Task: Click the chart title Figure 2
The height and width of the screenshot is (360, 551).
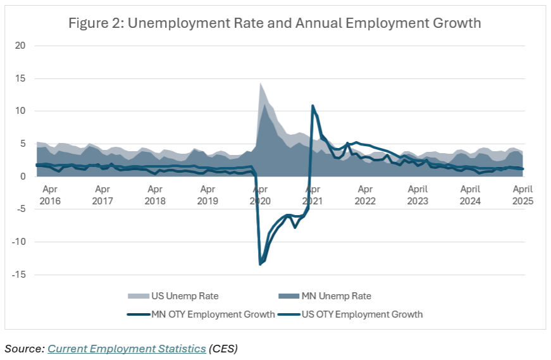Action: click(275, 23)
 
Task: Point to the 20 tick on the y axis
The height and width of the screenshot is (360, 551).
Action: click(20, 46)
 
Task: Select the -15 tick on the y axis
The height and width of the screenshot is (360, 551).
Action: click(18, 275)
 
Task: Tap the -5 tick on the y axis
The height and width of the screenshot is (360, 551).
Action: click(21, 209)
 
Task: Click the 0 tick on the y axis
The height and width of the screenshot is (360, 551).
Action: click(22, 177)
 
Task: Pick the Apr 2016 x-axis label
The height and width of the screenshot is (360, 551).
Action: click(50, 195)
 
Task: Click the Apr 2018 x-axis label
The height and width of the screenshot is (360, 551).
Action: click(155, 195)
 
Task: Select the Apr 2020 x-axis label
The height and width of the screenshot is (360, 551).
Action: click(260, 195)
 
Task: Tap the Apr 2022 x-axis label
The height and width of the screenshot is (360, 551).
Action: click(365, 195)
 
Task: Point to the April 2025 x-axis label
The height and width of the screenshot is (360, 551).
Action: click(523, 195)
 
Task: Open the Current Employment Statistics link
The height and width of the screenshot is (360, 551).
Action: click(127, 349)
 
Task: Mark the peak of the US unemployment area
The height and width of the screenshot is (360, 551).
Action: click(260, 83)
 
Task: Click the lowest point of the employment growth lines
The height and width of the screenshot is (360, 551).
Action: click(261, 264)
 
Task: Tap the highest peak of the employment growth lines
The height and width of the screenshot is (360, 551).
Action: click(313, 106)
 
